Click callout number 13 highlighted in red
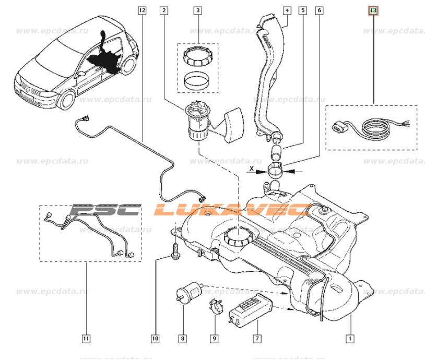point(372,10)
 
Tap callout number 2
point(164,10)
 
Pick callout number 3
point(197,10)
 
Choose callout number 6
point(319,10)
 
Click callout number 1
point(350,338)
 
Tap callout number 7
point(257,339)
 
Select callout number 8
point(182,339)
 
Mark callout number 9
point(214,339)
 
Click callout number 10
point(155,339)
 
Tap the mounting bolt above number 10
point(175,248)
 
